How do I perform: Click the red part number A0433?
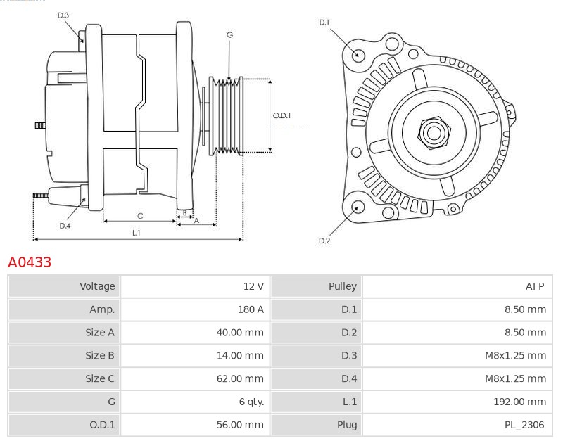30,262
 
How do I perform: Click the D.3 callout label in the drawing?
63,15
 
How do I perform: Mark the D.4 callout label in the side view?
65,226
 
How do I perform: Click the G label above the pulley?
229,34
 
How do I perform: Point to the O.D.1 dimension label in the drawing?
281,115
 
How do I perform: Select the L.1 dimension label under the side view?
136,232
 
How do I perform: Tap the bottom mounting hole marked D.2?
358,207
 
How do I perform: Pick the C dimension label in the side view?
140,215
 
